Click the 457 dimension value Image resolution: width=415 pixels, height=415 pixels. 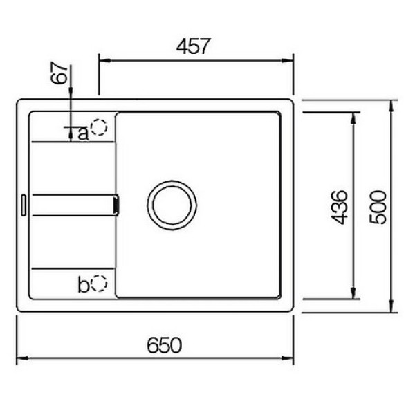pos(193,46)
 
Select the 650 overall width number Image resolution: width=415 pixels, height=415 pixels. pos(165,345)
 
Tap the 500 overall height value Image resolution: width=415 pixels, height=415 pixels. pos(378,207)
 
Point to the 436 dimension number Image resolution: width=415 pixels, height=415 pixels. pos(339,207)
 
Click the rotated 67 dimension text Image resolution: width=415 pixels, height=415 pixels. pos(59,73)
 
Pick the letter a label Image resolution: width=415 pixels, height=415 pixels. pos(83,133)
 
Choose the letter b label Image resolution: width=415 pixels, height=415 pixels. pos(84,284)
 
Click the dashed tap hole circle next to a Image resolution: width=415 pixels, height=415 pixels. pos(99,127)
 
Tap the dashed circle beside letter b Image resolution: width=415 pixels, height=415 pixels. pos(99,283)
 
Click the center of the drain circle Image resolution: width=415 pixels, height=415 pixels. pos(172,205)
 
